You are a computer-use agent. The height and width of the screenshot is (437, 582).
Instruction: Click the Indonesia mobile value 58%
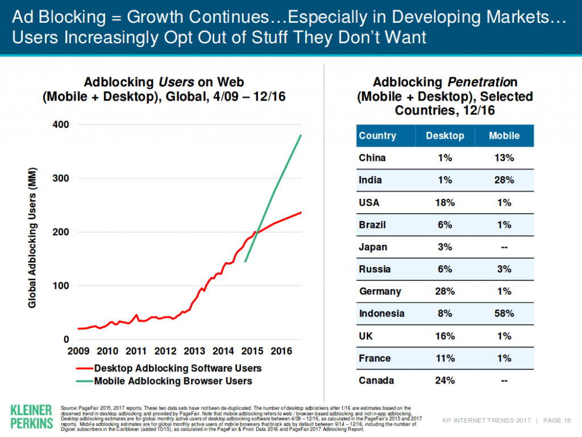(504, 314)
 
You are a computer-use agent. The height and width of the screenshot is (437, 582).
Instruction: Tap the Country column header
(377, 136)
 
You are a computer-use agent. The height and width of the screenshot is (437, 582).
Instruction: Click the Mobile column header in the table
(504, 136)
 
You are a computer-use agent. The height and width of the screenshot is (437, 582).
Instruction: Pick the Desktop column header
(445, 136)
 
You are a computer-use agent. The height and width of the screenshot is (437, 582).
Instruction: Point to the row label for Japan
(373, 247)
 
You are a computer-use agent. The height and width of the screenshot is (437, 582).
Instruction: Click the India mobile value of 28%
(504, 180)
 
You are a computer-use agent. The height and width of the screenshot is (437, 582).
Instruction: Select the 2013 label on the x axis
(195, 351)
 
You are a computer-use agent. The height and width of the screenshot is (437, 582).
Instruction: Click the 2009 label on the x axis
(78, 351)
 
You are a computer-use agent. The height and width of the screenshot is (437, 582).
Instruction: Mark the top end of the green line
(301, 135)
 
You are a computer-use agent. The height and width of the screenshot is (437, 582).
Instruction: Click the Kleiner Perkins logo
(31, 417)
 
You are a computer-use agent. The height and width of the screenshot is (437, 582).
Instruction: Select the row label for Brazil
(373, 225)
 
